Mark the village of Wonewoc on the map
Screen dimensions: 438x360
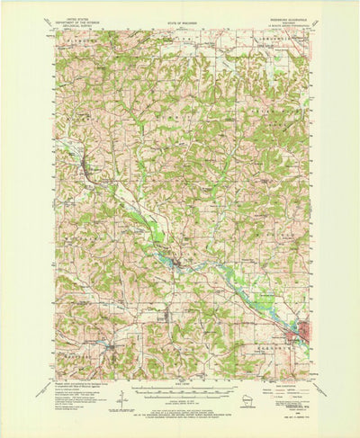coord(85,165)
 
